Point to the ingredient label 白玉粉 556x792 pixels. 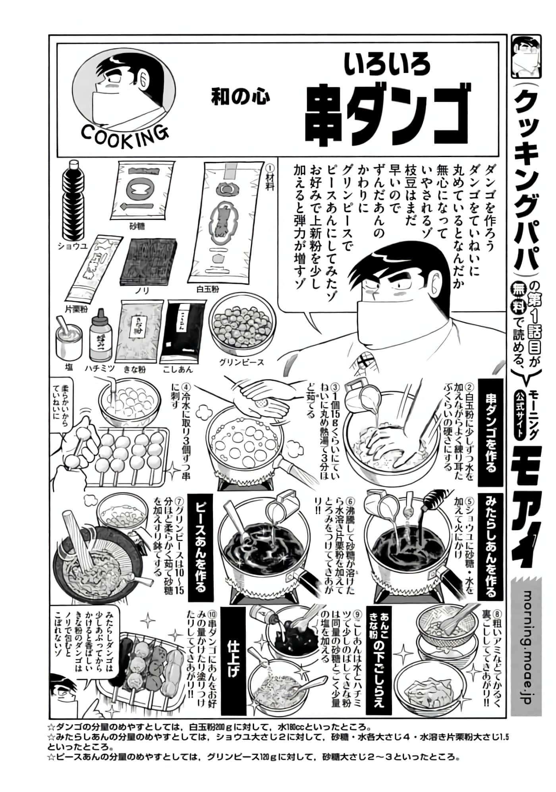207,289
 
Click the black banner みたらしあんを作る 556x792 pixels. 491,547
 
